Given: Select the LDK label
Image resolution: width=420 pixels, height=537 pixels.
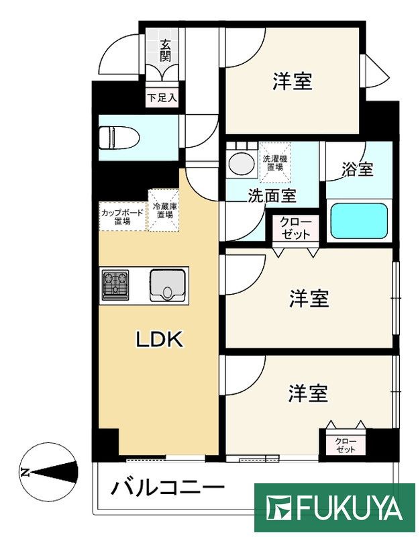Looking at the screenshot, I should pos(160,340).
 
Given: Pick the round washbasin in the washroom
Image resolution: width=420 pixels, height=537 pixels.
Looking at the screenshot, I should pos(239,162).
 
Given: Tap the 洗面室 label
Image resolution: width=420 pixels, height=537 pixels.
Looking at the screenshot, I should pos(272,197).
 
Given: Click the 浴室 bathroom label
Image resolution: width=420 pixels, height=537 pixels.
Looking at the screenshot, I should pos(356,170).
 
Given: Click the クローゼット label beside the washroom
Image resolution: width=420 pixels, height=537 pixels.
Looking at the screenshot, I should pos(295,228).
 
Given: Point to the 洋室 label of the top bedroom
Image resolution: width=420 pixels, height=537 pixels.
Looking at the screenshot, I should pos(292,81).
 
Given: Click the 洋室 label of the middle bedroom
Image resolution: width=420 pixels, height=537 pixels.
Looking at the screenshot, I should pos(309,299).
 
